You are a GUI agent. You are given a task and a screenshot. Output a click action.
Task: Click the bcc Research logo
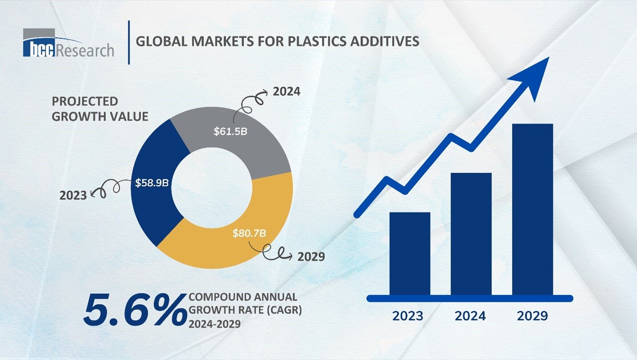[x=68, y=44]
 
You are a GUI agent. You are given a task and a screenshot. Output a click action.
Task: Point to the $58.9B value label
[x=152, y=183]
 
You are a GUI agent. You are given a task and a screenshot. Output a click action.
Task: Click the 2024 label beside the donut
[x=286, y=92]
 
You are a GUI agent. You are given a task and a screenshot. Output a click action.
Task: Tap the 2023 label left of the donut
[x=73, y=195]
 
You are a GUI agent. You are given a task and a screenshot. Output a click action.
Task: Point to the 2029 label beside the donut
[x=311, y=257]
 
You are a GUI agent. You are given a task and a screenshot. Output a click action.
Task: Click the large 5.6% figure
[x=135, y=308]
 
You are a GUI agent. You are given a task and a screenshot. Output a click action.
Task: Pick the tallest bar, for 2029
[x=532, y=209]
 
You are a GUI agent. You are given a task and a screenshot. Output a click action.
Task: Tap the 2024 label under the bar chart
[x=470, y=316]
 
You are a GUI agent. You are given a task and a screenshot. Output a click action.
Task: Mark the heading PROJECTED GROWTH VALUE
[x=100, y=109]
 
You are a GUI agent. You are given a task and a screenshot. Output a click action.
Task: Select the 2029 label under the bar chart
[x=532, y=316]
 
